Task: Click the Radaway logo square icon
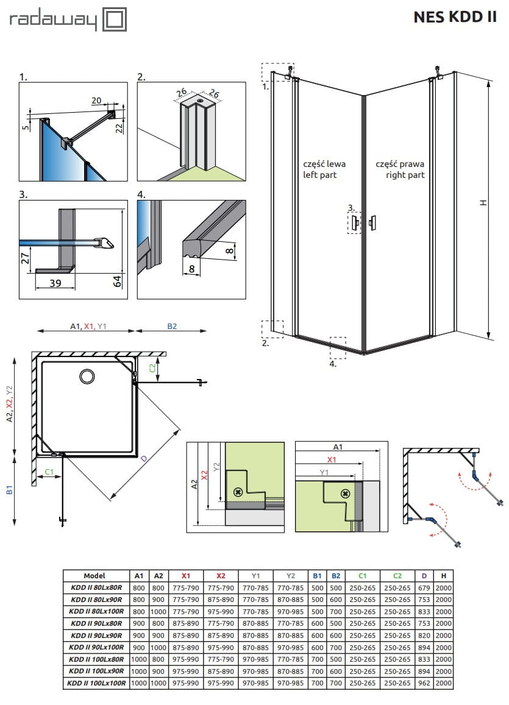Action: pos(116,19)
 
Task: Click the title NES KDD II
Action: pos(455,17)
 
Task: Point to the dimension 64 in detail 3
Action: pos(118,281)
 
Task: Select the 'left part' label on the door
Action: pos(320,175)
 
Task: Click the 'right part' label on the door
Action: pos(405,175)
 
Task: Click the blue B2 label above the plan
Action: pos(172,327)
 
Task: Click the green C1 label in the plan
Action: pos(49,471)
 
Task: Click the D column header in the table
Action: pos(424,575)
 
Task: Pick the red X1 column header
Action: pos(186,575)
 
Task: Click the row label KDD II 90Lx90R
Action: pos(96,635)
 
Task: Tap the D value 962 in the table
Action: pos(424,683)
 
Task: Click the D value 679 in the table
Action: pos(424,587)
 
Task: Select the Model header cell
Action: pos(95,575)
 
